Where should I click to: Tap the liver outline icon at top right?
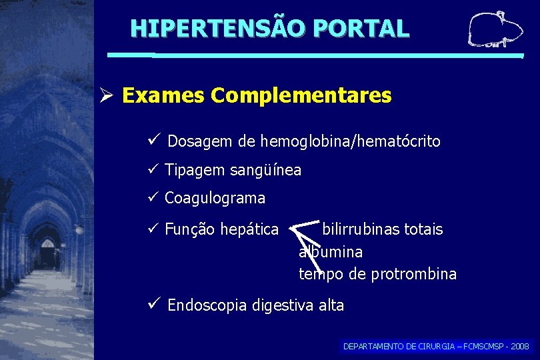[x=494, y=31]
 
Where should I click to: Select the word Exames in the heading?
[x=163, y=96]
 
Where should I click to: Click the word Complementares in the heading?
[x=301, y=96]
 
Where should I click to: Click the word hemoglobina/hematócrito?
[x=350, y=142]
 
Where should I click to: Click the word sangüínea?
[x=265, y=171]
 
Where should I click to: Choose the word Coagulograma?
[x=215, y=199]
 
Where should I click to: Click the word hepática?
[x=251, y=230]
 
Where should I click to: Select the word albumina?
[x=331, y=252]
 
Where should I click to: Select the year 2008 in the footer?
[x=519, y=347]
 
